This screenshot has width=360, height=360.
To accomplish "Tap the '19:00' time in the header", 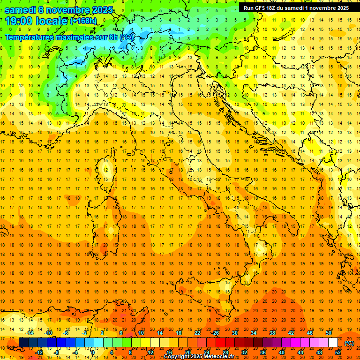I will tap(22, 21).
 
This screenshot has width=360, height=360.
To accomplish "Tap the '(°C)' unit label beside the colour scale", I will tap(349, 343).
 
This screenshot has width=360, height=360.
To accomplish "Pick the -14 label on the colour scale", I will tap(30, 333).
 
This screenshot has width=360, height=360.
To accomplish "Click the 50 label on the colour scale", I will tap(328, 333).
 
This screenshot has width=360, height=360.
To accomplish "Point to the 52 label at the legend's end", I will tap(337, 352).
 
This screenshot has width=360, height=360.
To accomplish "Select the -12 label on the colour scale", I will tap(39, 352).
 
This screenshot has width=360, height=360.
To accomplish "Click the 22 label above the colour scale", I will tap(197, 333).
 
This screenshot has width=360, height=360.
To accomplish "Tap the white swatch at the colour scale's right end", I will tap(333, 343).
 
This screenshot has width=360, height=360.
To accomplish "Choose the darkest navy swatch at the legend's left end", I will tap(23, 343).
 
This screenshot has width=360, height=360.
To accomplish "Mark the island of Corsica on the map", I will tap(106, 169).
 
